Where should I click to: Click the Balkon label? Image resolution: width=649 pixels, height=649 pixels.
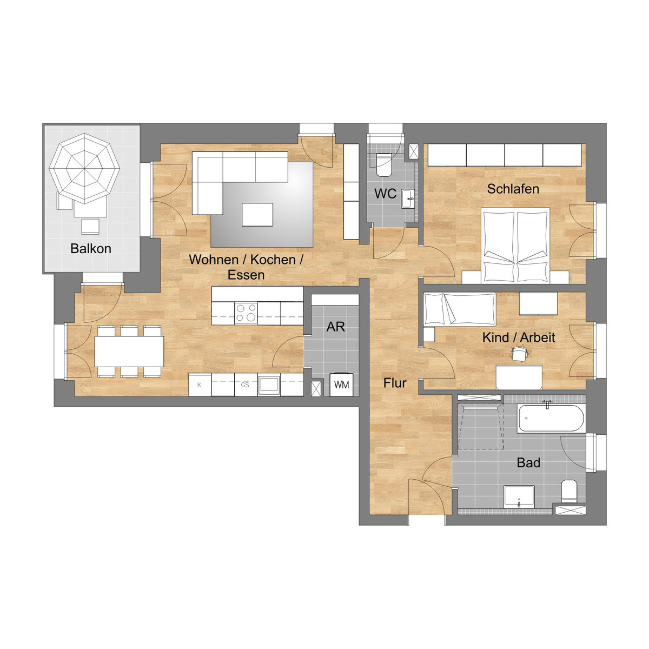point(91,249)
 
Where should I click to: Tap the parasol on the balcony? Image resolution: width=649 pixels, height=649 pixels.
point(84,168)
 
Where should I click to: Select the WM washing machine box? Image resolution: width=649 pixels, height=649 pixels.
point(341,385)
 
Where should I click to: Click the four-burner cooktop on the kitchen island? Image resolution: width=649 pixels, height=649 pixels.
point(246,313)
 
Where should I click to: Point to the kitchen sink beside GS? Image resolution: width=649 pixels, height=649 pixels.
point(269,385)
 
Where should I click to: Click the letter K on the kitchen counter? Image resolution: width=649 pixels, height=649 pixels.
point(200,385)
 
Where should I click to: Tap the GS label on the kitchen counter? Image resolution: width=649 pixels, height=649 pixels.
point(245,385)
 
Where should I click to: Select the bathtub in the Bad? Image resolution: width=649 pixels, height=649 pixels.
point(551,418)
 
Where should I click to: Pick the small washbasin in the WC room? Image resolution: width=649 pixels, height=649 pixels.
point(408,198)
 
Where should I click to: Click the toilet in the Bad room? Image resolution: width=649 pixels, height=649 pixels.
point(569,491)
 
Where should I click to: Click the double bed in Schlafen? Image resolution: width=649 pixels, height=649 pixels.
point(515,245)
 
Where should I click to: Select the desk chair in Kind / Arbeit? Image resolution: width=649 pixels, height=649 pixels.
point(519,354)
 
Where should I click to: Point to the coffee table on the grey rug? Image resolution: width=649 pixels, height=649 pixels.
point(257,215)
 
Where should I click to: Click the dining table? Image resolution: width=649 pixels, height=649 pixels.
point(129,352)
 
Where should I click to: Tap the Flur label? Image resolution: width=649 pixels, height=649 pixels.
point(395,383)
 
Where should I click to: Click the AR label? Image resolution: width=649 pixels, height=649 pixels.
point(335,327)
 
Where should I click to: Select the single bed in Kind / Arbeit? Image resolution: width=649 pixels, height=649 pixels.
point(460,309)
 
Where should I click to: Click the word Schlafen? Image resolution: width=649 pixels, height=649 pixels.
point(513,189)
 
